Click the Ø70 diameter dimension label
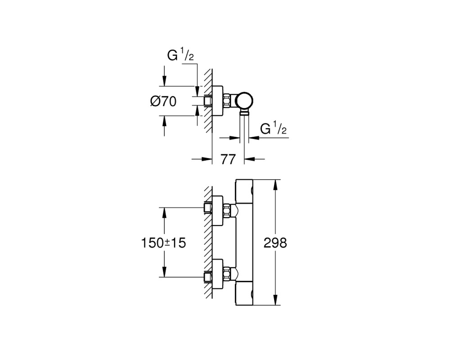tap(163, 101)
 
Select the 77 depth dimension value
tap(228, 159)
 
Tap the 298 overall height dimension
tap(275, 243)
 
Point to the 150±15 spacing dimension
tap(164, 243)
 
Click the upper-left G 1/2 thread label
tap(180, 55)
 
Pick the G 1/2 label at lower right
tap(273, 128)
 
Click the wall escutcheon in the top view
tap(217, 101)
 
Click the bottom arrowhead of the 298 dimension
tap(275, 300)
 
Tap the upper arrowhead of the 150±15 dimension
tap(164, 213)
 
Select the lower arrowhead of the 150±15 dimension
tap(164, 272)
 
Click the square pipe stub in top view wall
tap(208, 101)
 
